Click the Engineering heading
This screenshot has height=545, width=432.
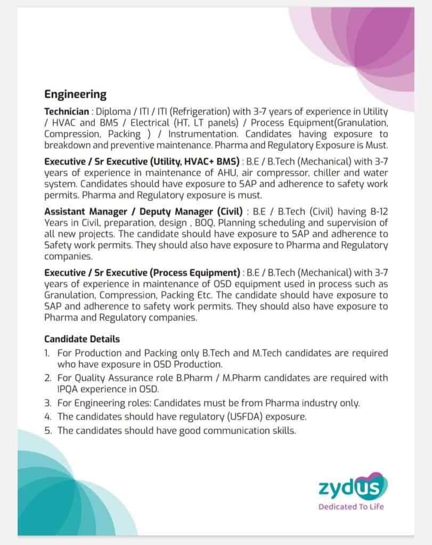(x=75, y=95)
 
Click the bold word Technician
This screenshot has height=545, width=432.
(x=67, y=112)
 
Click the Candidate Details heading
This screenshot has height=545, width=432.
(x=82, y=339)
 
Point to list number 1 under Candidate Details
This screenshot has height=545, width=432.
(x=47, y=353)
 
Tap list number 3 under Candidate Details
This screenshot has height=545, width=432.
(x=47, y=403)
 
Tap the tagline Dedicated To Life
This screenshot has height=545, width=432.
(x=351, y=507)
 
